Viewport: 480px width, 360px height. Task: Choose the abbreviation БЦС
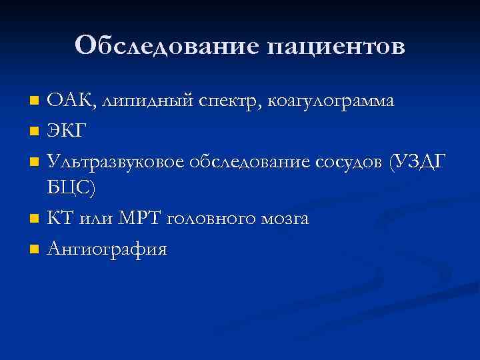[71, 189]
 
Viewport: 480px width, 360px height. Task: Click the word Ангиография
[107, 249]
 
